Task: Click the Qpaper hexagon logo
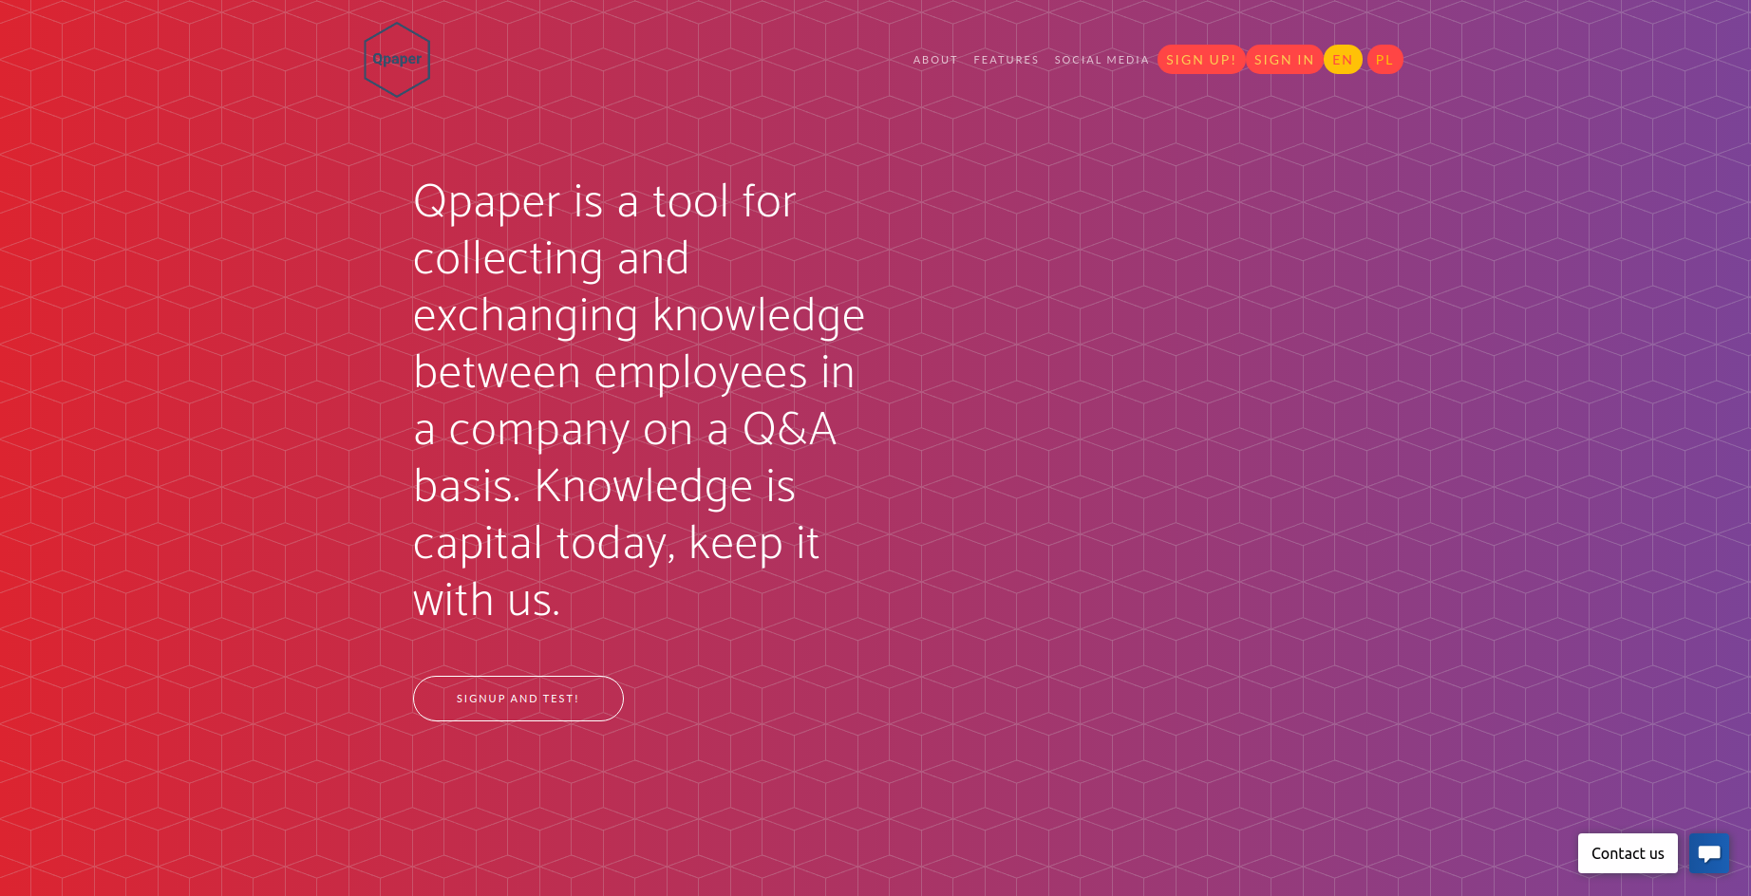(397, 60)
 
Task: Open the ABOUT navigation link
(935, 60)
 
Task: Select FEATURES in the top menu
(1006, 60)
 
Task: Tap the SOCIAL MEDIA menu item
(1101, 60)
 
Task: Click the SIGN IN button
(1284, 60)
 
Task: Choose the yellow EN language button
(1343, 60)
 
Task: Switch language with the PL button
(1384, 60)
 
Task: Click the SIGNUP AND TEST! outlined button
(518, 699)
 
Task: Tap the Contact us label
(1628, 853)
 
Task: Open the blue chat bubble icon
(1709, 853)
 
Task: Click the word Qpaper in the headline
(487, 202)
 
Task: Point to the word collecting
(508, 259)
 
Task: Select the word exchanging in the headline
(525, 316)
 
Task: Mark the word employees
(701, 373)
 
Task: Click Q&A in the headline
(789, 429)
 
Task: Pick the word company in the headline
(538, 430)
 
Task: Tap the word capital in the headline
(478, 544)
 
